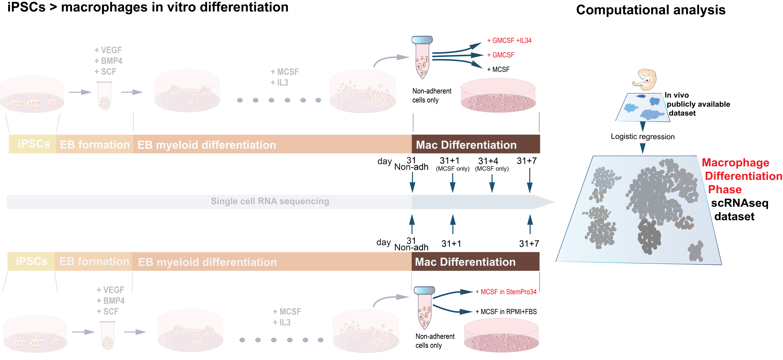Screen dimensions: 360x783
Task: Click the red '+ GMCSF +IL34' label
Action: point(509,41)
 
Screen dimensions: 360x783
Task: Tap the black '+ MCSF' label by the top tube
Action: point(498,69)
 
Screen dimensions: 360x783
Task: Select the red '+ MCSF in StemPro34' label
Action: point(506,292)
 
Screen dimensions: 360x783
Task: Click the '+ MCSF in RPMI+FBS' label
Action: point(506,312)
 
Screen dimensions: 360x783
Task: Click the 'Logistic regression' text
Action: point(642,137)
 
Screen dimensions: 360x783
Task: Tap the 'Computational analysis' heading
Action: point(651,10)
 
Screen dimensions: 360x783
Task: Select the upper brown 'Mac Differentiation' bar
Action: point(475,144)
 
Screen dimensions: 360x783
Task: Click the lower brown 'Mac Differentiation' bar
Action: point(475,262)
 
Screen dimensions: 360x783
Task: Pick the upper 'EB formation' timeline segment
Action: point(95,144)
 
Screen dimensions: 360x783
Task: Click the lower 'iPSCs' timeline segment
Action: point(31,261)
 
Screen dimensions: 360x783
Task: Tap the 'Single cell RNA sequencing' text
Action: point(270,201)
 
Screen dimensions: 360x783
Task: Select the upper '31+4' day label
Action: point(488,161)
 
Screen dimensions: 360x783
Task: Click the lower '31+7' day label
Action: point(529,244)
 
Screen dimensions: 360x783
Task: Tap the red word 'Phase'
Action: point(724,190)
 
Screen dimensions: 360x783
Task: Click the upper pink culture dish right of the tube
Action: point(498,95)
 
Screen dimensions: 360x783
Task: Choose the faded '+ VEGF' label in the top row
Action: point(108,50)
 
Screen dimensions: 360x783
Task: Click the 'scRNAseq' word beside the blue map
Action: point(739,203)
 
